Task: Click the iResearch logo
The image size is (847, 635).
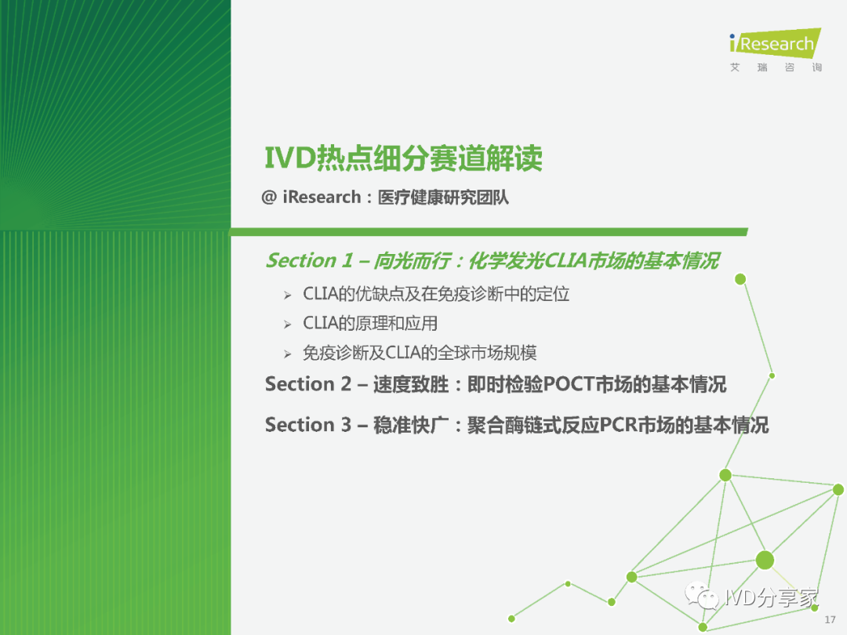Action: pos(775,42)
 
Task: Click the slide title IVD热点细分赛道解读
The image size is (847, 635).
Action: pos(404,158)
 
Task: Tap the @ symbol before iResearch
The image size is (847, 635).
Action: pos(269,197)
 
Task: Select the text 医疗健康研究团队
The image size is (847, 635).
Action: pos(443,197)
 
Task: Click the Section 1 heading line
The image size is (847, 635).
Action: pos(493,260)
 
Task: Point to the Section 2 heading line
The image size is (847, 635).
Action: pos(496,384)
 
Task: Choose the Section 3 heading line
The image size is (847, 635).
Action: pos(516,425)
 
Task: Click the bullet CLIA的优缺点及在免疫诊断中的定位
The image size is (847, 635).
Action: pos(436,294)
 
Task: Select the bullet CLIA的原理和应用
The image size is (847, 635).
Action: pos(370,323)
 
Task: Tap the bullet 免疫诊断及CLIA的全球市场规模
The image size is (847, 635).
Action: pos(420,353)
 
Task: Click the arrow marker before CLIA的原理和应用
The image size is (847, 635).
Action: pos(287,325)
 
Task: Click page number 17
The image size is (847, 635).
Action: pos(830,620)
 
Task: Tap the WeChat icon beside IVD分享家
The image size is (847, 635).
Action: pos(702,596)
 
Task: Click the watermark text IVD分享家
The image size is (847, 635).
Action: pos(772,597)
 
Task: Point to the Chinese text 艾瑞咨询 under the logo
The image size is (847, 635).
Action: pos(776,67)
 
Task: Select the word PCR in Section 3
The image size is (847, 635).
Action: pos(618,425)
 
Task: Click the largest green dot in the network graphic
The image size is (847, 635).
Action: pos(765,560)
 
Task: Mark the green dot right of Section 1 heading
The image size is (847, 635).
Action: pos(740,279)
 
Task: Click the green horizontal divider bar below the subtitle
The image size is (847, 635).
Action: pos(489,232)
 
